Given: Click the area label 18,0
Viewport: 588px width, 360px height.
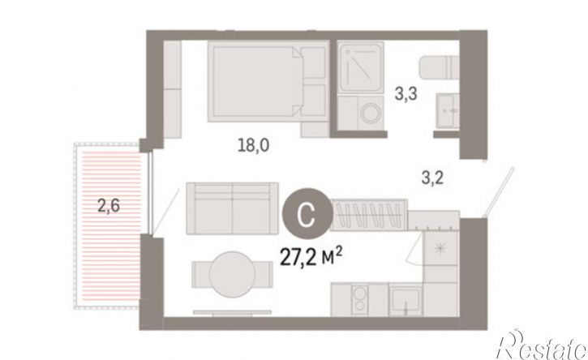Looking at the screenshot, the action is (254, 145).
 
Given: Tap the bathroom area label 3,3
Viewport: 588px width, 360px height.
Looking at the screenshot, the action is (406, 94).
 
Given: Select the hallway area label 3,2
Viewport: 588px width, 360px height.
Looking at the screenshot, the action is (432, 178).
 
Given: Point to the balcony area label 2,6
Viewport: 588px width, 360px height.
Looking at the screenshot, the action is (109, 205).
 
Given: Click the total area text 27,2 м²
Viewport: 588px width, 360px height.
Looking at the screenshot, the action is (311, 257).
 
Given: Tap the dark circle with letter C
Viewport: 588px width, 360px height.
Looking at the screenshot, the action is (307, 212).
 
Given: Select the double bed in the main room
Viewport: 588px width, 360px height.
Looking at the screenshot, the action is (268, 81).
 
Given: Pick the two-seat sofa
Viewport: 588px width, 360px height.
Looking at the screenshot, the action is (233, 208).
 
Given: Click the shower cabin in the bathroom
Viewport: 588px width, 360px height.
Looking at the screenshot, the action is (360, 66).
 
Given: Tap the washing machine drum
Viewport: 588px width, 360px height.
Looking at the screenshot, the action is (371, 113).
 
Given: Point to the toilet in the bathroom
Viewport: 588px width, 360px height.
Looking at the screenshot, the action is (439, 67).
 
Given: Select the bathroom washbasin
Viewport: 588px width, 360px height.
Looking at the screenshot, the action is (448, 111).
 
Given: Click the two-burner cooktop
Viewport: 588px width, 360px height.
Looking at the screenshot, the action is (359, 299).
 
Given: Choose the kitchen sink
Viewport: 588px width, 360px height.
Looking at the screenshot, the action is (406, 300).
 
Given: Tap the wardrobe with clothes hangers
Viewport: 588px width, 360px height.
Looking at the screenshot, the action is (369, 214).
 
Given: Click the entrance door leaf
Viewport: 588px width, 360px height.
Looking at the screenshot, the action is (499, 191).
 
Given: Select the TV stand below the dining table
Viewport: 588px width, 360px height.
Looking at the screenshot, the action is (233, 312).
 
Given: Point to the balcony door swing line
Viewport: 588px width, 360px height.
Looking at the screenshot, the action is (165, 212).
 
